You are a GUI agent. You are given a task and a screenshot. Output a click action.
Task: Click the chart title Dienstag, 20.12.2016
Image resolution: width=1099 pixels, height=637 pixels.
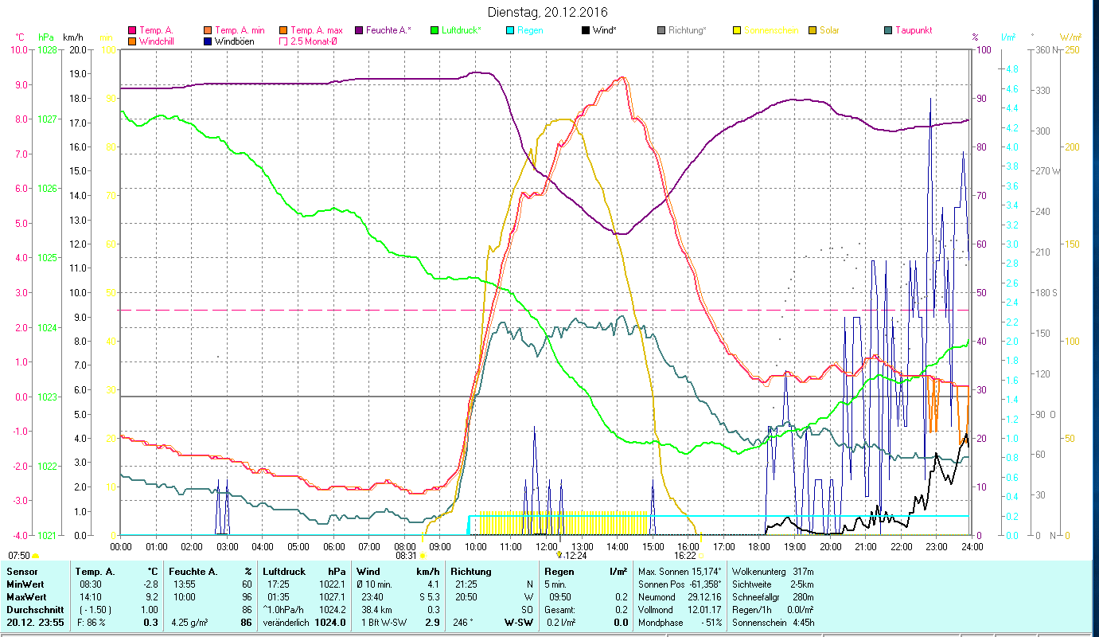[x=549, y=12]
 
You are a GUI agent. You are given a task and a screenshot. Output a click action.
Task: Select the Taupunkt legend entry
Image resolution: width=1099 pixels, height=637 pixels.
[x=913, y=30]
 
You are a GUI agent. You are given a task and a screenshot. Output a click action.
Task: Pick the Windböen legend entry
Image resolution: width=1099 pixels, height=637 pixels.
[x=235, y=41]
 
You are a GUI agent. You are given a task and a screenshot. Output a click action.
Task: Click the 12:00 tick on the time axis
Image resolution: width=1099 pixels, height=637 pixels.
[x=547, y=546]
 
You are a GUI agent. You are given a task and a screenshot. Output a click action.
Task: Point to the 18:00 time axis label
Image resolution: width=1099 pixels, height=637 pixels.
[x=759, y=546]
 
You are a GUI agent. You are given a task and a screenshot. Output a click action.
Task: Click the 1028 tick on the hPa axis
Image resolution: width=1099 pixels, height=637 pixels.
[x=48, y=49]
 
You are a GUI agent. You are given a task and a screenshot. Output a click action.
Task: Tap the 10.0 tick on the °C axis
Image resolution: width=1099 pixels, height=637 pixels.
[x=19, y=49]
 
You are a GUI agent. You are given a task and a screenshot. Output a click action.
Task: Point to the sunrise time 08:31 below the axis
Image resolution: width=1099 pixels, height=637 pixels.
[x=406, y=556]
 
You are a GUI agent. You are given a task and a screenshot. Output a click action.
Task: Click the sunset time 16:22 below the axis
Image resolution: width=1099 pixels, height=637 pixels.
[x=685, y=556]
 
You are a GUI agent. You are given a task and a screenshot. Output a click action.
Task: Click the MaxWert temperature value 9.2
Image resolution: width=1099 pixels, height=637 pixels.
[x=151, y=596]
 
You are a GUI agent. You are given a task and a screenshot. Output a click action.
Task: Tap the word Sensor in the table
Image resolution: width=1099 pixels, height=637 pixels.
[x=21, y=572]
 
